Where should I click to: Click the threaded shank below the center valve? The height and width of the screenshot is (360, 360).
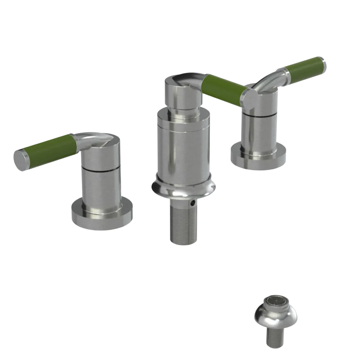[x=183, y=223]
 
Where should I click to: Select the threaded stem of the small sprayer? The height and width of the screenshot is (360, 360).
[x=276, y=338]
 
